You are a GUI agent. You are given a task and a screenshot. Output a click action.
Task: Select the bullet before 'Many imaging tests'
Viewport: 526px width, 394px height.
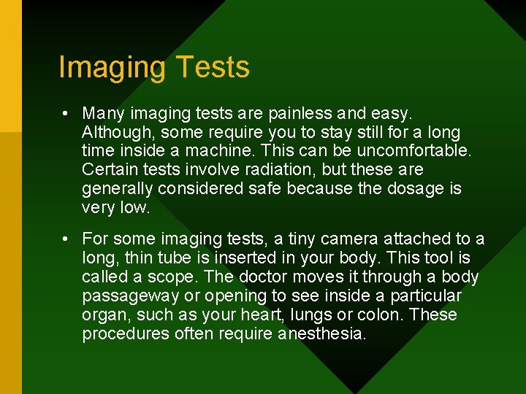point(66,114)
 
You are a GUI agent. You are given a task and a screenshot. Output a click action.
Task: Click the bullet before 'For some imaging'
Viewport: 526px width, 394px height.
point(66,239)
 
